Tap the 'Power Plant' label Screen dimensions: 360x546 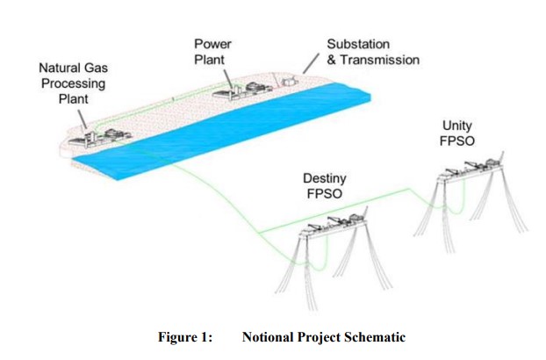point(213,51)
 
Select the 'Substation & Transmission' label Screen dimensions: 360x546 point(372,52)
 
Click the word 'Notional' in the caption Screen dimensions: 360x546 point(268,337)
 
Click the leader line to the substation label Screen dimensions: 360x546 point(310,62)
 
